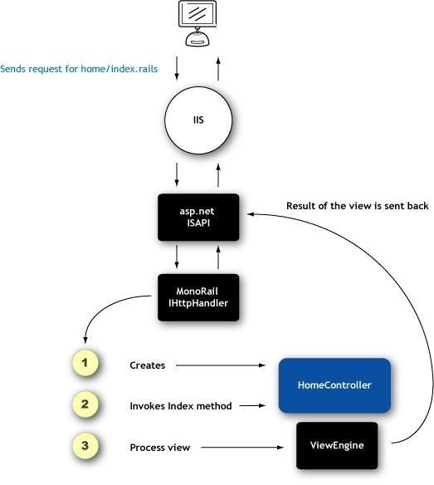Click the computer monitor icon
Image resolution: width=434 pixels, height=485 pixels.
pos(197,23)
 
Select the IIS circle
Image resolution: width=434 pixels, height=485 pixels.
pos(198,120)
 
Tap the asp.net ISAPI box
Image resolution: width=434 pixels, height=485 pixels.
pos(198,217)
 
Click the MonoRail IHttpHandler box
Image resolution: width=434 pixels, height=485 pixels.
pos(198,297)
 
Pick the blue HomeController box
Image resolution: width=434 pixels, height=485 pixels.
pos(334,385)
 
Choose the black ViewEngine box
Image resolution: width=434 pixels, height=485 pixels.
pos(337,445)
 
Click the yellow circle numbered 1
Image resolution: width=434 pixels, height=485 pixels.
pos(85,363)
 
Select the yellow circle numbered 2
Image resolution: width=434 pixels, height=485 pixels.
pos(85,404)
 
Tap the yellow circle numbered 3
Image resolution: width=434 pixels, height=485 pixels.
pos(85,446)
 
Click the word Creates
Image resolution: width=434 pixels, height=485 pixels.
pos(148,365)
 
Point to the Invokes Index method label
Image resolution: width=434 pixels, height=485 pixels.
pos(181,406)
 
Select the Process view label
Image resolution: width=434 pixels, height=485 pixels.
pos(160,448)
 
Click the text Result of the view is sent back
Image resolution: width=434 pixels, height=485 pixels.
pos(358,206)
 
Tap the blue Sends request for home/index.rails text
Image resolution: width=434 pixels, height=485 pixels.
pos(79,69)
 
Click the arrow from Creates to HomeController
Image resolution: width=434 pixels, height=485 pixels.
pos(221,365)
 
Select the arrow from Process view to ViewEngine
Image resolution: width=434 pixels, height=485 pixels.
pos(242,448)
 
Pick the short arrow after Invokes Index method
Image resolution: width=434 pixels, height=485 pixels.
pos(252,405)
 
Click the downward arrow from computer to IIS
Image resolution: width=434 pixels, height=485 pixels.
pos(177,68)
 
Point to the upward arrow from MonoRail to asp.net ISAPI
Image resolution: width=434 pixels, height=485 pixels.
pos(218,257)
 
